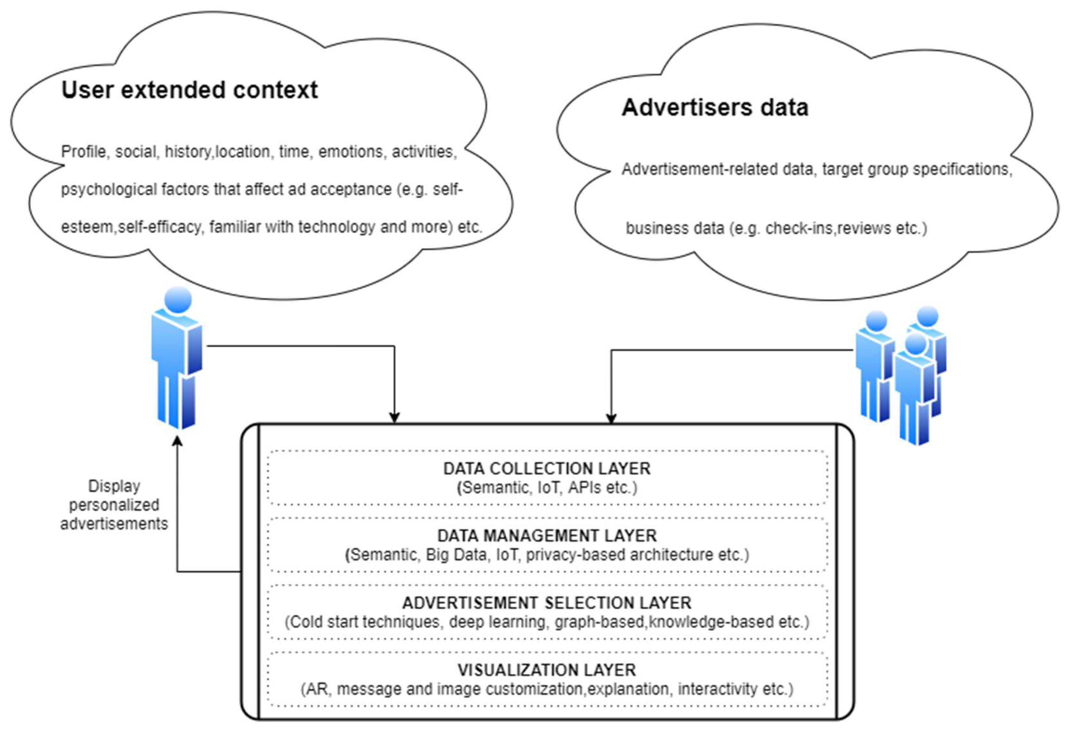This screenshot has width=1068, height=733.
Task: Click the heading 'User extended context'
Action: click(189, 90)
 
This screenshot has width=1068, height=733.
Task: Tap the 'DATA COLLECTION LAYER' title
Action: click(547, 468)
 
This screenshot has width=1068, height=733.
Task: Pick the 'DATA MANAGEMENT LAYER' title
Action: click(547, 536)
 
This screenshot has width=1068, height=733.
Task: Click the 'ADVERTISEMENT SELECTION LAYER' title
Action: click(547, 603)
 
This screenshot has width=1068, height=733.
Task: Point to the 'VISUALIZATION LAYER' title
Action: click(547, 670)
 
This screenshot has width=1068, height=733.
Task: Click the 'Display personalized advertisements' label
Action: click(114, 505)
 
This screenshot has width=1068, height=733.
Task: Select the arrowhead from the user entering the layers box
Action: click(394, 418)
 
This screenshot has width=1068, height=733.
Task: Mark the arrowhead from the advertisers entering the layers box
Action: click(611, 418)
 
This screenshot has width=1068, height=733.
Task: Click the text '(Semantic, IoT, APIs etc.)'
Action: click(547, 488)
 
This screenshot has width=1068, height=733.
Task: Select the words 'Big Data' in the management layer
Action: click(456, 555)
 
